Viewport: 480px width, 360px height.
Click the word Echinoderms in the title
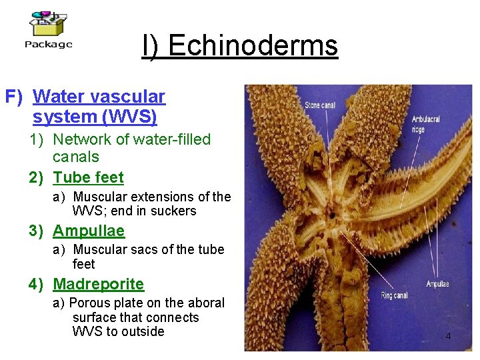(x=253, y=46)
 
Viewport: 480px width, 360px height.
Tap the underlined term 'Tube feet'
(x=88, y=177)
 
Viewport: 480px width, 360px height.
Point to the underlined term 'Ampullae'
(x=89, y=231)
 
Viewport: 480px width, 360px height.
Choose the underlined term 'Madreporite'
(x=98, y=284)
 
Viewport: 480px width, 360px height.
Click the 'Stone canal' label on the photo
(x=319, y=105)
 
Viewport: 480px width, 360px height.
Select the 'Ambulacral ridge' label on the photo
(x=426, y=124)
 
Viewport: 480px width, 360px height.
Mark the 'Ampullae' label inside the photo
(x=437, y=284)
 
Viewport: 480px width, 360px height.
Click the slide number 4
(x=448, y=336)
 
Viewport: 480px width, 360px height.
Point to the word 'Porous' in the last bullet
(x=93, y=303)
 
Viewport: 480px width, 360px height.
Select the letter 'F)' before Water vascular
(x=15, y=97)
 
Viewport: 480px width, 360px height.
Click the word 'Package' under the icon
(x=48, y=45)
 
